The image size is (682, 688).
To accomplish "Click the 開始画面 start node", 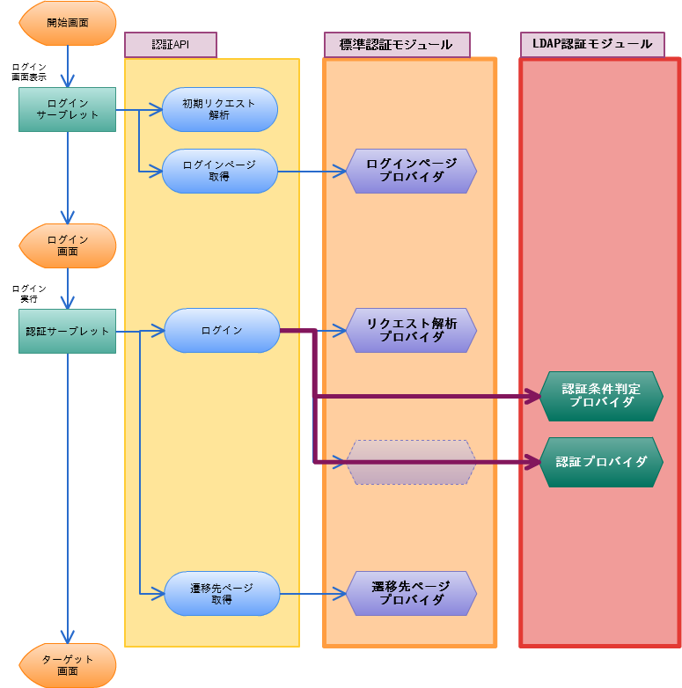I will tap(68, 23).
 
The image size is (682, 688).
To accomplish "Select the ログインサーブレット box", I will tap(68, 109).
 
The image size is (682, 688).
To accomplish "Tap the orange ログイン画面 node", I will tap(68, 245).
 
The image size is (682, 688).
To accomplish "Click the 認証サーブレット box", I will tap(68, 332).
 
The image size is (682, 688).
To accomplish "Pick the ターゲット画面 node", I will tap(68, 665).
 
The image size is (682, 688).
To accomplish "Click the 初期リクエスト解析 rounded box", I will tap(219, 109).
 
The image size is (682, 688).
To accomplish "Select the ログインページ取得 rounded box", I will tap(219, 171).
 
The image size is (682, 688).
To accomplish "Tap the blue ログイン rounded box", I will tap(222, 331).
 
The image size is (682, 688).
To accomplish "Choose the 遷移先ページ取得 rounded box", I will tap(222, 594).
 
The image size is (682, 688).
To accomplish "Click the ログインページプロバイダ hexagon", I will tap(411, 171).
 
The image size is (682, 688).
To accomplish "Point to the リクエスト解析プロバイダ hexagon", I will tap(411, 331).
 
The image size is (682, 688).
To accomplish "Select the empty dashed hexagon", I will tap(411, 462).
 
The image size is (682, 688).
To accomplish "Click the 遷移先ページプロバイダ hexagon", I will tap(411, 594).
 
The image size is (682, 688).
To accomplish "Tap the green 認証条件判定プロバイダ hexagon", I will tap(601, 396).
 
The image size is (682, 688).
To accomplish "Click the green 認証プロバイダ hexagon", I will tap(601, 462).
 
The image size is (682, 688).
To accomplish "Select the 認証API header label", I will tap(170, 45).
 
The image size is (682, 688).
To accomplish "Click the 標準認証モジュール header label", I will tap(396, 45).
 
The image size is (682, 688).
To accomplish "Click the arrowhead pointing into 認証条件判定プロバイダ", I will tap(532, 397).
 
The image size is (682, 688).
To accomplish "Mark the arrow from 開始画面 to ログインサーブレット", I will tap(68, 66).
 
